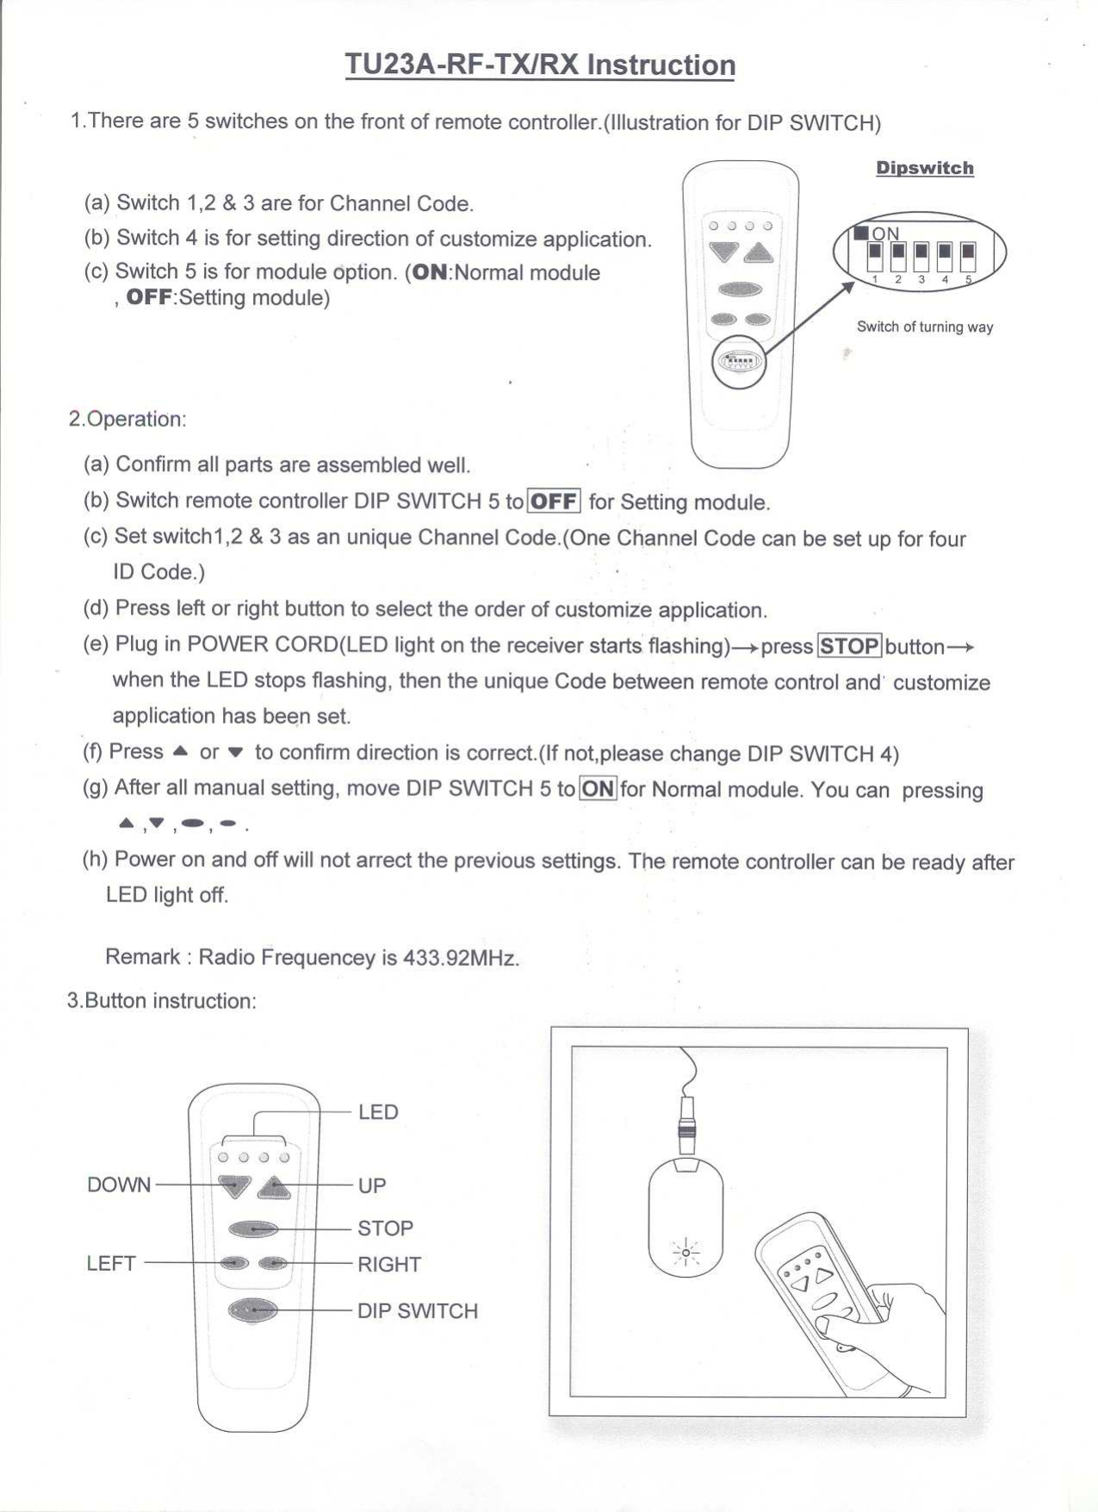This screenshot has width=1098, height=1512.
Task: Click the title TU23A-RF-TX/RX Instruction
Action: (x=540, y=65)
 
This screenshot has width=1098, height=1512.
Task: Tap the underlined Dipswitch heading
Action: (x=924, y=168)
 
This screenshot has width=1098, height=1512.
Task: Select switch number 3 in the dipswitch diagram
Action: (x=921, y=256)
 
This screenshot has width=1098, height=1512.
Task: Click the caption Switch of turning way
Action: (x=924, y=327)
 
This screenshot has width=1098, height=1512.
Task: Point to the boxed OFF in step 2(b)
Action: (x=554, y=501)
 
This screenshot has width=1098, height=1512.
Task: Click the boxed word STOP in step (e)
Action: (x=848, y=645)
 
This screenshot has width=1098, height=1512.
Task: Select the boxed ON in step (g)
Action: (x=598, y=788)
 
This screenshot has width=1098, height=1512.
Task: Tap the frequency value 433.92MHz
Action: (x=461, y=958)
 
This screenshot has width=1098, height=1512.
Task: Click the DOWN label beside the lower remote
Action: (x=119, y=1185)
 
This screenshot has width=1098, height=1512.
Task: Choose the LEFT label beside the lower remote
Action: (x=111, y=1263)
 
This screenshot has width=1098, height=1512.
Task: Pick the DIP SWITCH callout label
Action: (x=417, y=1310)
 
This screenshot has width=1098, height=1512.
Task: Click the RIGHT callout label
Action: (x=389, y=1264)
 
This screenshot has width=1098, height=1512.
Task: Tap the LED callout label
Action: (x=378, y=1111)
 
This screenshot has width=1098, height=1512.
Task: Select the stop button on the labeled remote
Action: (x=253, y=1229)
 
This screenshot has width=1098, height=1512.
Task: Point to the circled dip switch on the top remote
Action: (x=739, y=362)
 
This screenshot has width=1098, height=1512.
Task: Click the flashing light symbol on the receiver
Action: (x=685, y=1252)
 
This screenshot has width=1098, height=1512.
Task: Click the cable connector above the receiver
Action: (x=686, y=1124)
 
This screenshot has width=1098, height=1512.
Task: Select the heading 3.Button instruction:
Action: (x=162, y=1000)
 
